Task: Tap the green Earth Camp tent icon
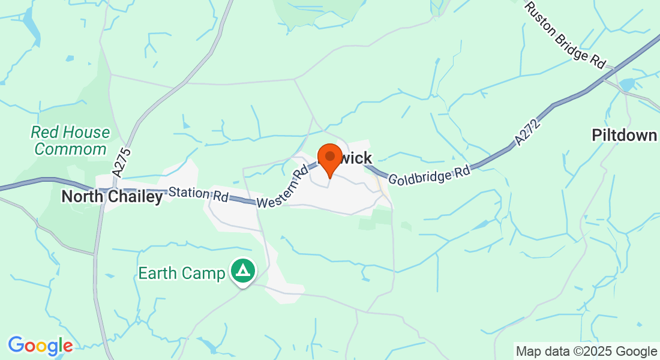coord(243,271)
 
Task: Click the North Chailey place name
coord(112,197)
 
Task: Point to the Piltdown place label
coord(624,135)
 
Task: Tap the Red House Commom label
coord(71,140)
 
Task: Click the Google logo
coord(40,346)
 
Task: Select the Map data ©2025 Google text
coord(586,352)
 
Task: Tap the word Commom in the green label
coord(71,149)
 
